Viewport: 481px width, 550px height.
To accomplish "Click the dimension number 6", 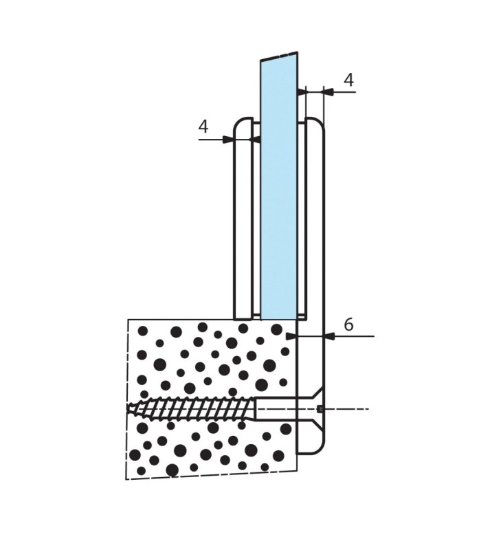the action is [x=348, y=324].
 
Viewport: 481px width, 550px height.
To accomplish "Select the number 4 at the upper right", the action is [x=348, y=80].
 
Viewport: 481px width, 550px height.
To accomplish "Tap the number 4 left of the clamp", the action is [x=203, y=126].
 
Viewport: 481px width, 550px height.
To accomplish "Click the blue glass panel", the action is [x=279, y=186].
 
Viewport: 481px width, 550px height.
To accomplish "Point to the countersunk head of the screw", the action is [x=311, y=408].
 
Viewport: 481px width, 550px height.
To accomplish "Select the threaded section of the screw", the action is [x=191, y=408].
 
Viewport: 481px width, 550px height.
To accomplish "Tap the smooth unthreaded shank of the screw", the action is [x=276, y=408].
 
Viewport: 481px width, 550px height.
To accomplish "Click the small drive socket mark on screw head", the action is [x=320, y=408].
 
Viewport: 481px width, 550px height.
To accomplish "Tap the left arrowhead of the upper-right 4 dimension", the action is [x=302, y=92].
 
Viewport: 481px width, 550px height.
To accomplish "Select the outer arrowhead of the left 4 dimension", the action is [x=228, y=140].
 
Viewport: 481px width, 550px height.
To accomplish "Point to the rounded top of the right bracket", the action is [x=315, y=123].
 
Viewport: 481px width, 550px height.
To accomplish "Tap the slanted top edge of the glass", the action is [x=279, y=56].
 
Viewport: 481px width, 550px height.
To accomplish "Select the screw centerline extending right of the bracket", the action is [x=347, y=409].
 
